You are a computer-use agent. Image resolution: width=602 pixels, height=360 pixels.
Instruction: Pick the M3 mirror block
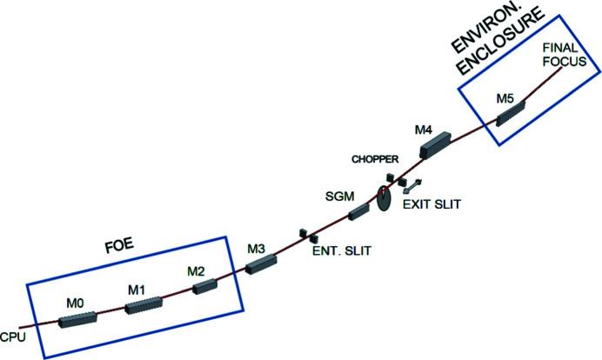pos(260,264)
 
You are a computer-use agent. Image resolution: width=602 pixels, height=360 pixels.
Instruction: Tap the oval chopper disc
pos(383,198)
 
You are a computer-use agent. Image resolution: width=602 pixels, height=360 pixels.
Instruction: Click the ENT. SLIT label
pos(341,251)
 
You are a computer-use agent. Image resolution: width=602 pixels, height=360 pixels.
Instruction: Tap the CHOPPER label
pos(375,159)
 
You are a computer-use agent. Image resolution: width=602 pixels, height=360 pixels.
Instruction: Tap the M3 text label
pos(255,249)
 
